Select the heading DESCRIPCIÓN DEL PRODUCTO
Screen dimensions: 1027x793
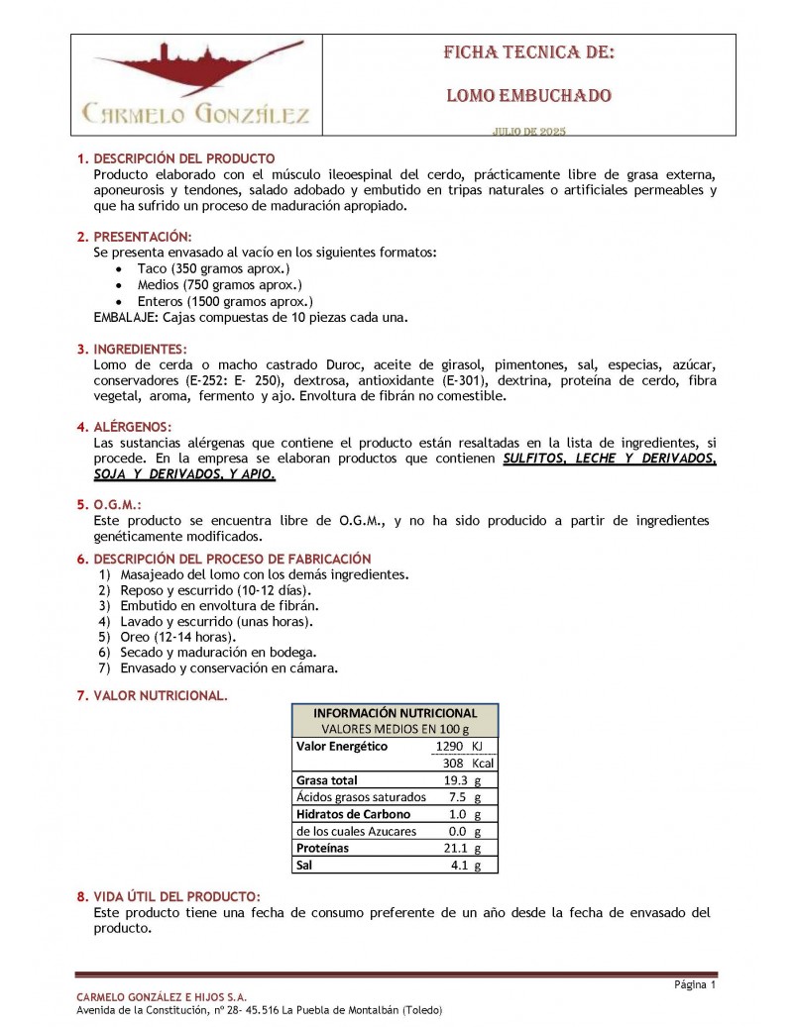[183, 158]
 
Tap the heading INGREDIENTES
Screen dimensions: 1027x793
[141, 350]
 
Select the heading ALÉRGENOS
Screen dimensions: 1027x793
[136, 428]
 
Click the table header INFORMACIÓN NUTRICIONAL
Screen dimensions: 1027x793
[395, 713]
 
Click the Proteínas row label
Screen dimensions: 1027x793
[323, 848]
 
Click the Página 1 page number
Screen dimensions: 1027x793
[694, 984]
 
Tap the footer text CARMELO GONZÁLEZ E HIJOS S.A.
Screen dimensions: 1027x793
[162, 996]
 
